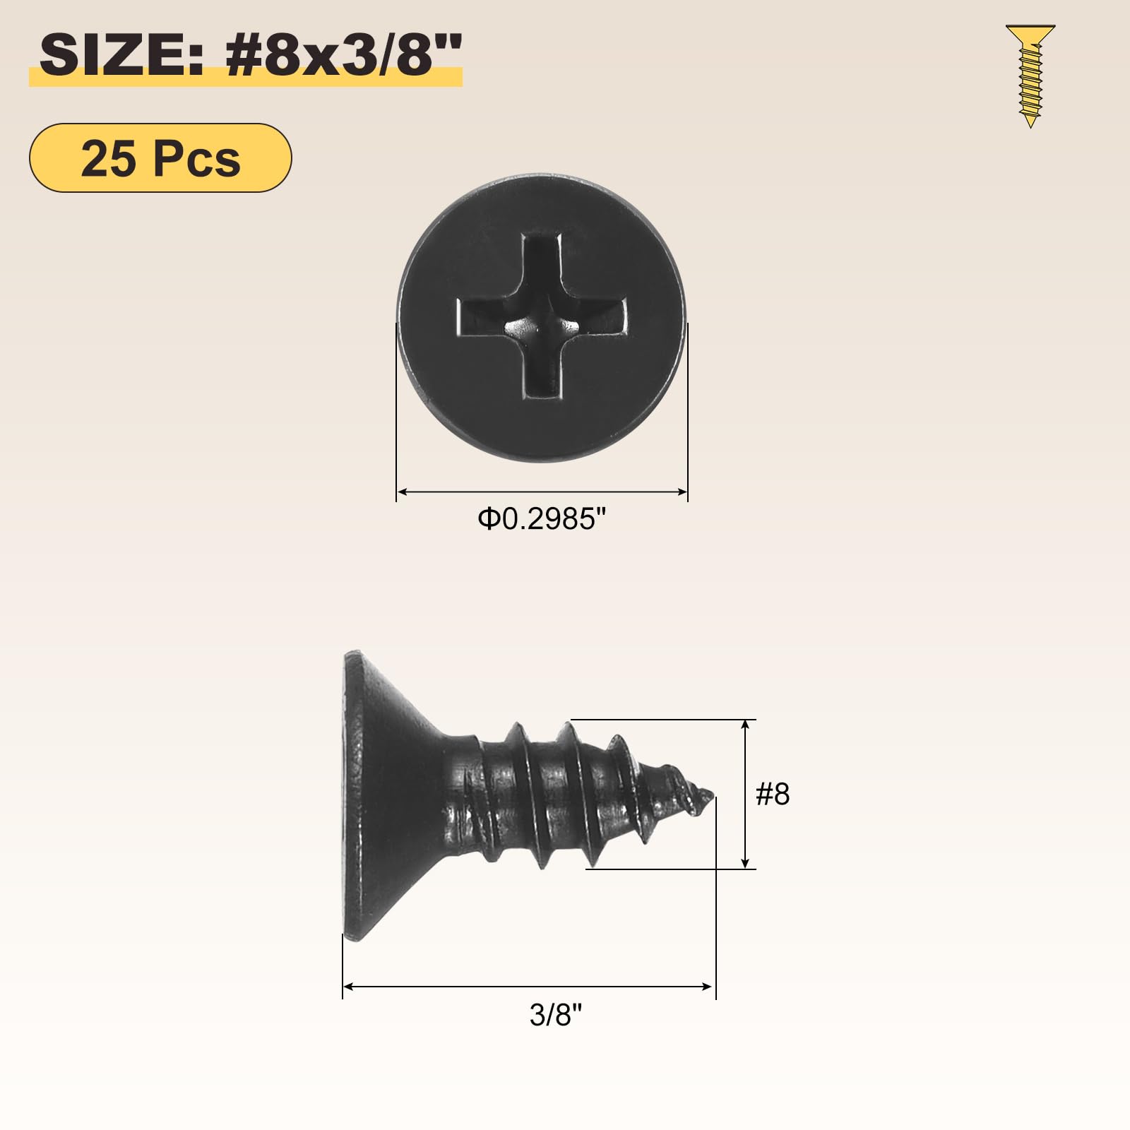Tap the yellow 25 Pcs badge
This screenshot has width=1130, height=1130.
[x=160, y=157]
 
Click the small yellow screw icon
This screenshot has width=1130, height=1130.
[x=1030, y=76]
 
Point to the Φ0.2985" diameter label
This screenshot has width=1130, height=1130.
[x=542, y=519]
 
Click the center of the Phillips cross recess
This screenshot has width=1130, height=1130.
[x=542, y=324]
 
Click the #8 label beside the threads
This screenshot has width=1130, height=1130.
[x=773, y=794]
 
